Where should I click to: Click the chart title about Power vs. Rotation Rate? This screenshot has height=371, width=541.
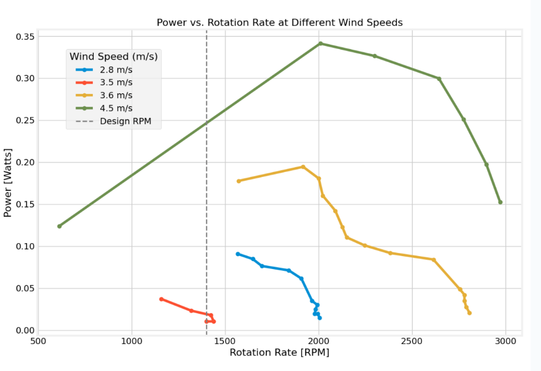pyautogui.click(x=279, y=23)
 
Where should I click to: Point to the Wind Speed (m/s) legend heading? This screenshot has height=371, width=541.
pyautogui.click(x=114, y=56)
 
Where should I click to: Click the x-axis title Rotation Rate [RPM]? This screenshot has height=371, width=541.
pyautogui.click(x=279, y=353)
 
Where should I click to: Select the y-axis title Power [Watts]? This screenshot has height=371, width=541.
pyautogui.click(x=8, y=183)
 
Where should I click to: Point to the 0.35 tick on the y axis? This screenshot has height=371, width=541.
pyautogui.click(x=23, y=37)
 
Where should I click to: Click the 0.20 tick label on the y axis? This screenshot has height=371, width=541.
pyautogui.click(x=23, y=162)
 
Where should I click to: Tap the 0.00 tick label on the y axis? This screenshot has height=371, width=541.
pyautogui.click(x=23, y=331)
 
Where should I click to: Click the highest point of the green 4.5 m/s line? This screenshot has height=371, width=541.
pyautogui.click(x=320, y=44)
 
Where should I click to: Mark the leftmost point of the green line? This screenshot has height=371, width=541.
pyautogui.click(x=59, y=226)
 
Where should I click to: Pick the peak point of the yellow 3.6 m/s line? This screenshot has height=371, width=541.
pyautogui.click(x=303, y=167)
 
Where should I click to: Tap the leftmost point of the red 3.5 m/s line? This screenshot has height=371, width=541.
pyautogui.click(x=161, y=299)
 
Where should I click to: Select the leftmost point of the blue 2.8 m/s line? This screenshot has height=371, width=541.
pyautogui.click(x=238, y=254)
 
